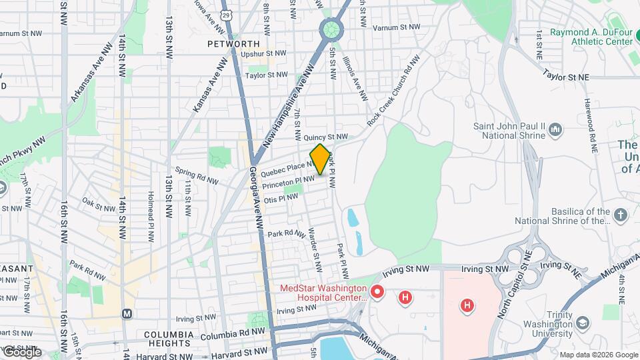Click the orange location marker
coord(320,159)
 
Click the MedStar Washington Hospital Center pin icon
coord(377,292)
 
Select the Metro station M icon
coord(127,313)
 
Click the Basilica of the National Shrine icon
coord(621,215)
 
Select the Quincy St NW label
coord(326,138)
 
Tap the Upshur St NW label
coord(266,54)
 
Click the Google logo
coord(22,351)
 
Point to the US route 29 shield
coord(227,14)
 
